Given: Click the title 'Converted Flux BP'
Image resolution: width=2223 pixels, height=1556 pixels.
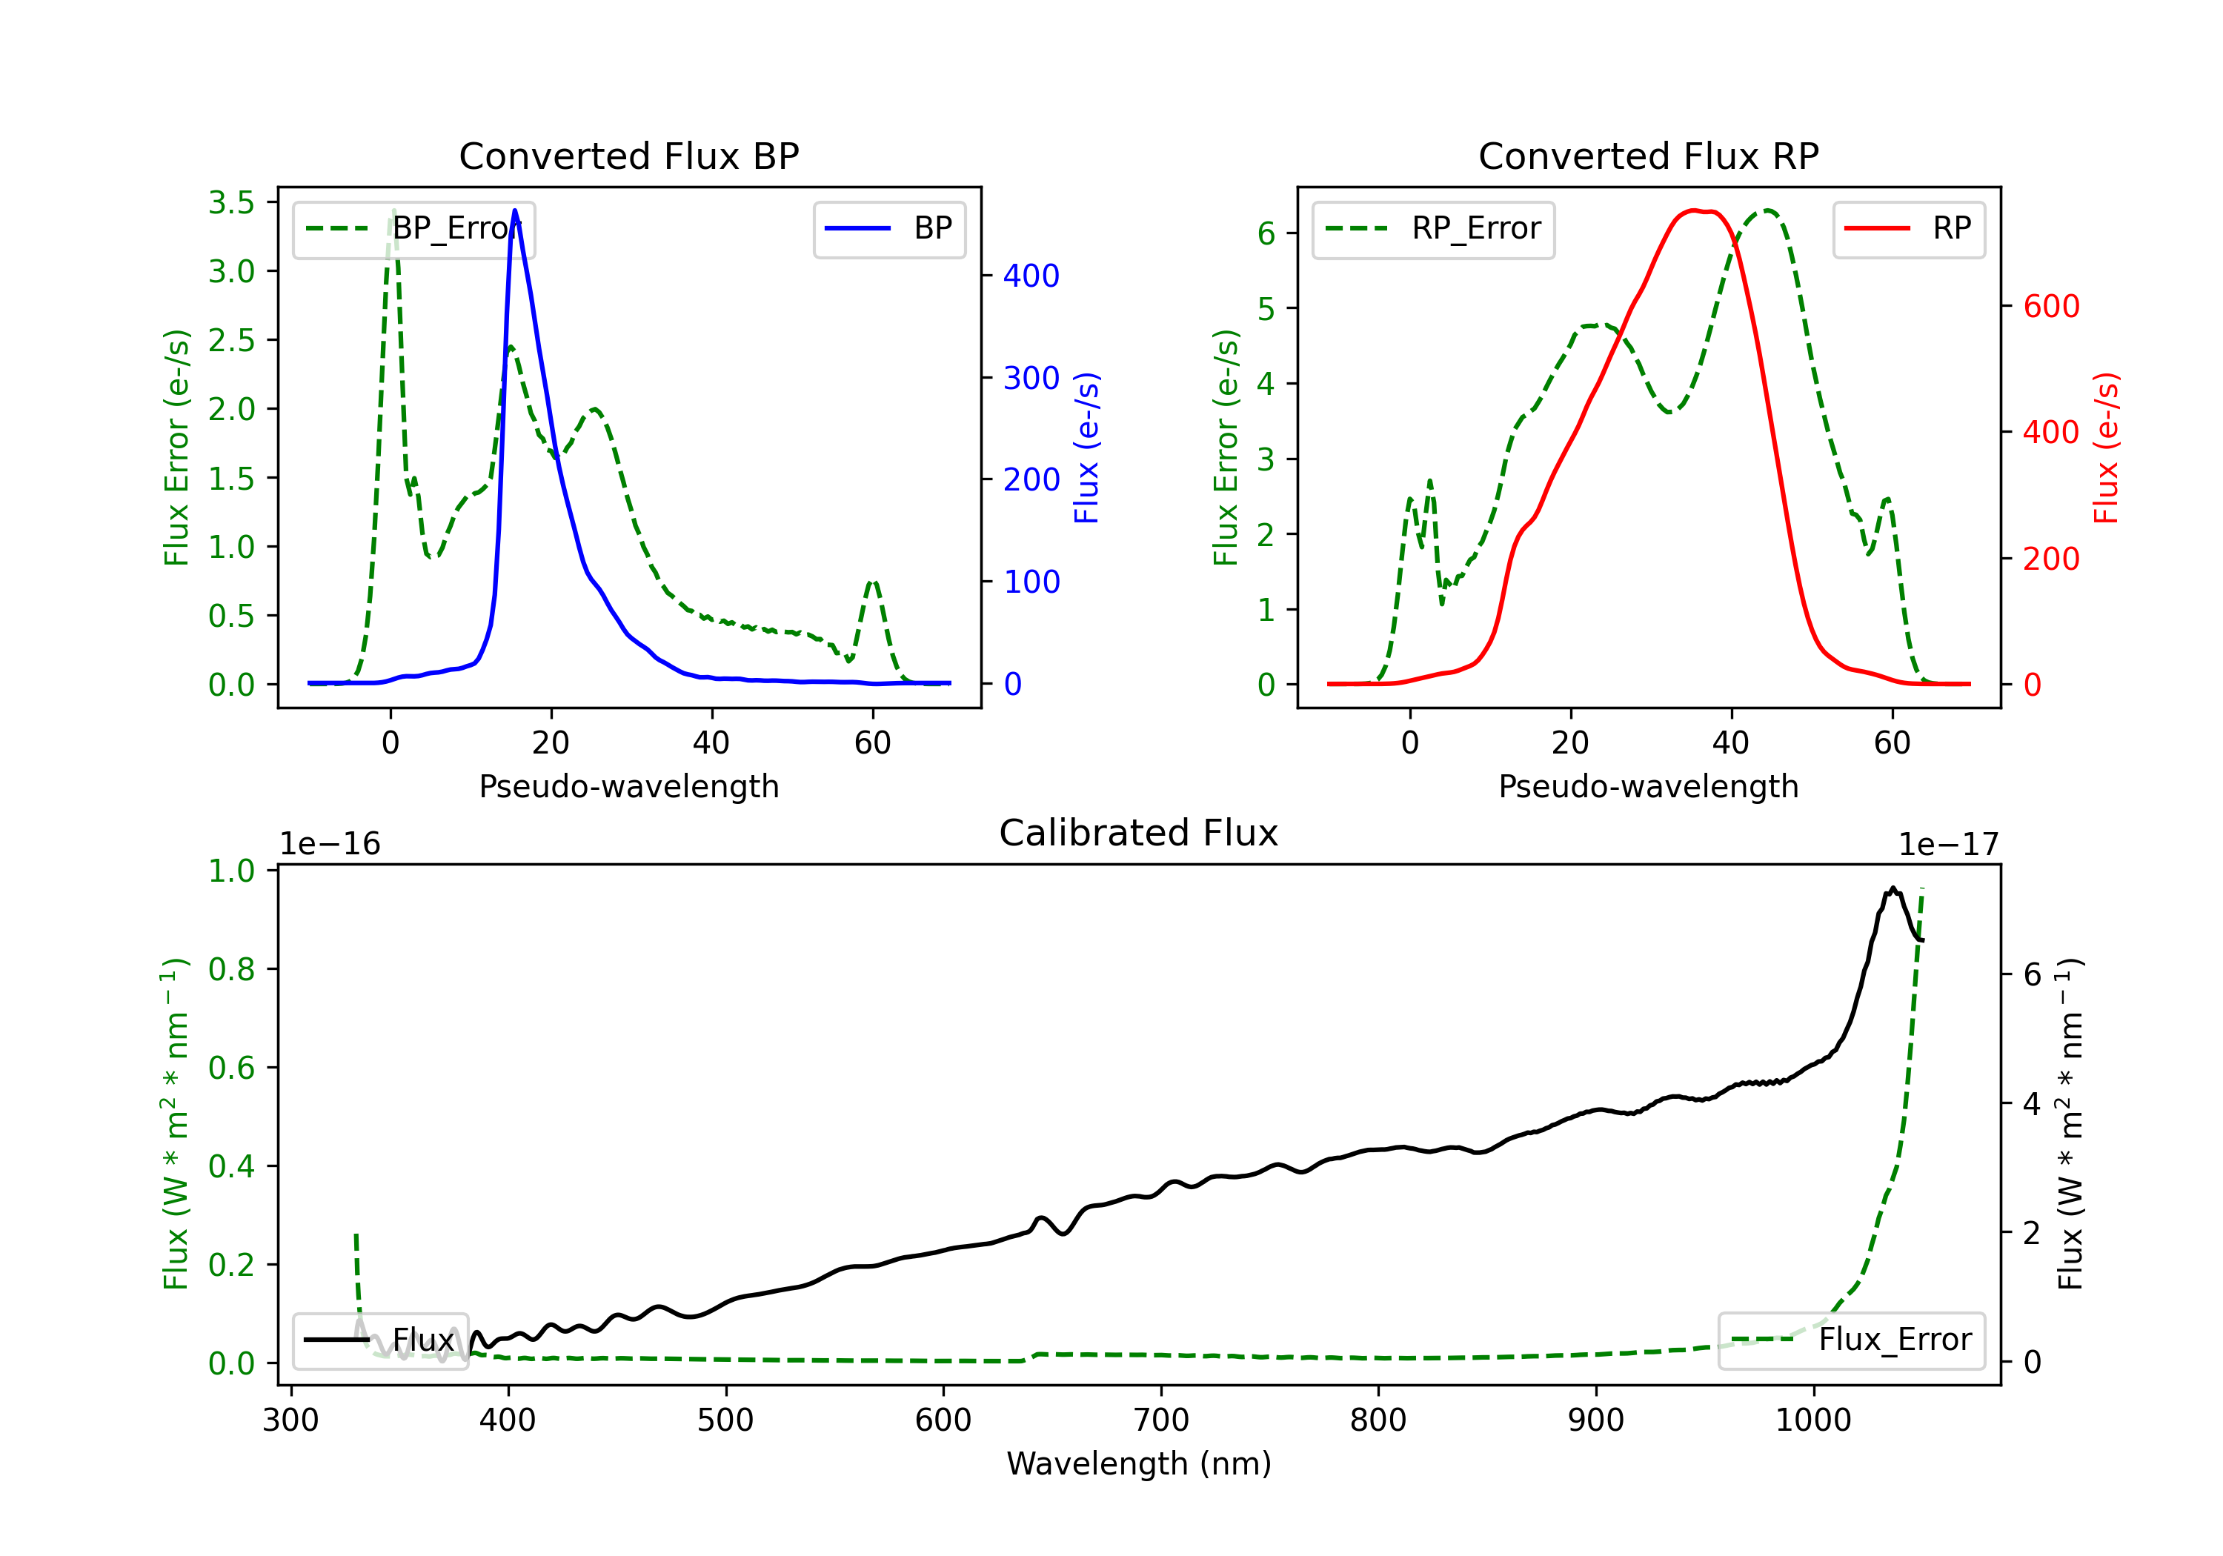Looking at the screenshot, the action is coord(629,156).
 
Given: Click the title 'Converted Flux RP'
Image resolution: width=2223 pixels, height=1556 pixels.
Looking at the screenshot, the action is coord(1649,156).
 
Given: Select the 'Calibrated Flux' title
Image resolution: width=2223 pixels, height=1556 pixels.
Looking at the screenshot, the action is coord(1139,833).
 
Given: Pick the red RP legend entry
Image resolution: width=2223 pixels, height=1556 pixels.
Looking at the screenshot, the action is coord(1908,228).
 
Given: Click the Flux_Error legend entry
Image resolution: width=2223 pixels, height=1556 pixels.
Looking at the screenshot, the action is coord(1851,1340).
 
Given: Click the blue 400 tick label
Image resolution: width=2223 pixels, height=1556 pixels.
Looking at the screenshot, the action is coord(1032,276).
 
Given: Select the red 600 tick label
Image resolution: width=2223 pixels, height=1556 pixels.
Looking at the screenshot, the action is coord(2052,306).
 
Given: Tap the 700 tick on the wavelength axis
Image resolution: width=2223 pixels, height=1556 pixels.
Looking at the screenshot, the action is coord(1161,1420).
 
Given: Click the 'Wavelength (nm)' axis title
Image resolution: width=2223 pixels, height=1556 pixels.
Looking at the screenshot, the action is coord(1139,1464).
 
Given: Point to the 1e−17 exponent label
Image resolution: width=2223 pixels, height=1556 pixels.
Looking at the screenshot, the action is coord(1948,845).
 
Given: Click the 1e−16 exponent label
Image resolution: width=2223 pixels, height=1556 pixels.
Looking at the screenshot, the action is coord(330,845).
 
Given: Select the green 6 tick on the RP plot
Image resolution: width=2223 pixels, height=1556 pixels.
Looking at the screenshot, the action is coord(1266,233).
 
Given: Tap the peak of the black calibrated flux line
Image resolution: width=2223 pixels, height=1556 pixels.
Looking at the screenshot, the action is coord(1893,887).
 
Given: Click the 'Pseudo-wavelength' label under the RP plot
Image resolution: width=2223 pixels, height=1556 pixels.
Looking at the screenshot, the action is coord(1649,786).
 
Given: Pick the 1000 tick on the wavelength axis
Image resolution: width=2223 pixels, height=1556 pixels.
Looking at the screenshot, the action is coord(1813,1420).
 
